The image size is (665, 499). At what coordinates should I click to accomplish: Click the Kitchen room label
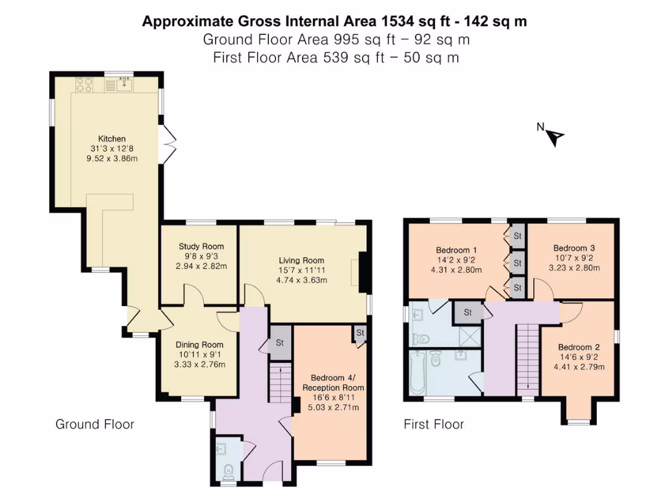[x=112, y=139]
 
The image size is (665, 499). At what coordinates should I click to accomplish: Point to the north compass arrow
[x=555, y=136]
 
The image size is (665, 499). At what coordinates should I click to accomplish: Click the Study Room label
[x=201, y=246]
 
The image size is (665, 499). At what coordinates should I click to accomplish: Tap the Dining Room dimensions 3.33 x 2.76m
[x=199, y=365]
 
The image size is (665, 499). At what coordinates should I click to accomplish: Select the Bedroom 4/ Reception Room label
[x=333, y=383]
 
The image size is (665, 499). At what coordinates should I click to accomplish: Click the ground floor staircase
[x=280, y=383]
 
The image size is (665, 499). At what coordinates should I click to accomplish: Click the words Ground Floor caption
[x=95, y=424]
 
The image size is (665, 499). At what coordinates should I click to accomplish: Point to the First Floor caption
[x=434, y=424]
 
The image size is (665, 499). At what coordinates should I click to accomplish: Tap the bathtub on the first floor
[x=417, y=372]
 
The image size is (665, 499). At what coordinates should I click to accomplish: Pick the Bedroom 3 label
[x=574, y=248]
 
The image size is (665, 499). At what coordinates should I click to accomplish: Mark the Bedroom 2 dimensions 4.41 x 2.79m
[x=578, y=366]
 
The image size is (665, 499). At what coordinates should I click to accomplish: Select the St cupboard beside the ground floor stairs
[x=280, y=342]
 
